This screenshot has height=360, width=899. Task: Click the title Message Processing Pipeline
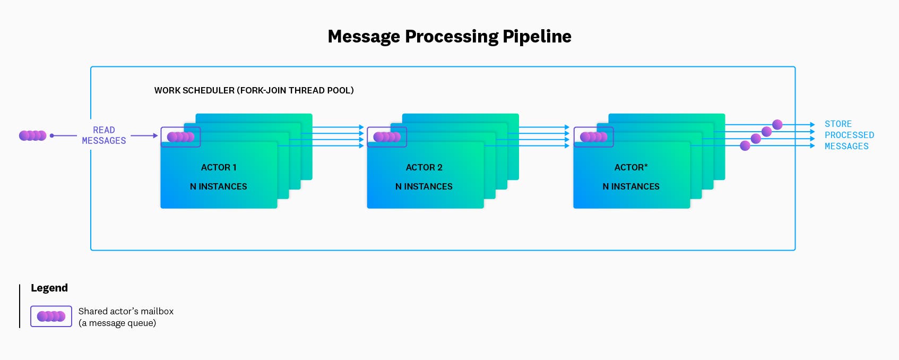(x=449, y=36)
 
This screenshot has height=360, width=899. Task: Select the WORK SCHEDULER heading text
(x=254, y=90)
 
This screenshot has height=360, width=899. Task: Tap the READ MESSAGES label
(x=104, y=135)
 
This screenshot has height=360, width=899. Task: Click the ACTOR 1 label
(x=219, y=167)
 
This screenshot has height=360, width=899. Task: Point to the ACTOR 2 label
(x=424, y=167)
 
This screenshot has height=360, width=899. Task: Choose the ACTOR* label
(x=631, y=167)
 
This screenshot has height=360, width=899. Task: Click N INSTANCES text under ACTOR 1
(x=219, y=186)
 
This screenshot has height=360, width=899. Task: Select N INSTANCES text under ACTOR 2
(x=424, y=186)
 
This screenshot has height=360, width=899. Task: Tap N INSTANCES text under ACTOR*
(x=631, y=186)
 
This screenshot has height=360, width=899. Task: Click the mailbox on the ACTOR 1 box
(x=180, y=137)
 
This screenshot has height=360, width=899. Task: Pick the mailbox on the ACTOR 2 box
(x=387, y=137)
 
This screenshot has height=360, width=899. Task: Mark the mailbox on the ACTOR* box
(x=593, y=137)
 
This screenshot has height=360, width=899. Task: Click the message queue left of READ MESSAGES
(x=33, y=135)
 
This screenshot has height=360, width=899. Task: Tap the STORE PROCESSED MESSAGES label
(x=849, y=135)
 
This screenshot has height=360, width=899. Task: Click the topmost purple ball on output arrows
(x=777, y=125)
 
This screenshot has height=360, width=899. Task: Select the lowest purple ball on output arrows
(x=745, y=145)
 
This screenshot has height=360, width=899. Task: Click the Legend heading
(x=49, y=288)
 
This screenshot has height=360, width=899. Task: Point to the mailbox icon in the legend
(x=51, y=316)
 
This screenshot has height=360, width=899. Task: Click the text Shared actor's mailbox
(x=126, y=311)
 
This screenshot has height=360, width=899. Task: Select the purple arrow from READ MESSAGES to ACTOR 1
(x=144, y=136)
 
